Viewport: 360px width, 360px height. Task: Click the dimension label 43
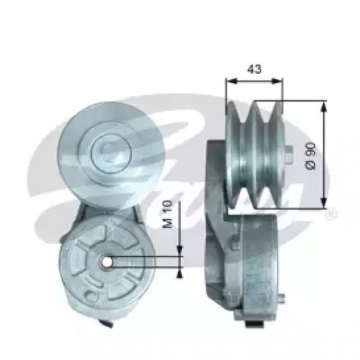pyautogui.click(x=254, y=69)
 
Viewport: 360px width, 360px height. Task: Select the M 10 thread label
pyautogui.click(x=167, y=214)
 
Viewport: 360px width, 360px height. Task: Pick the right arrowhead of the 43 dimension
pyautogui.click(x=277, y=81)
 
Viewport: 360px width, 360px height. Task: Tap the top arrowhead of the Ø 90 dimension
pyautogui.click(x=323, y=106)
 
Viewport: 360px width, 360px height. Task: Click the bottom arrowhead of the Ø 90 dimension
pyautogui.click(x=323, y=203)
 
